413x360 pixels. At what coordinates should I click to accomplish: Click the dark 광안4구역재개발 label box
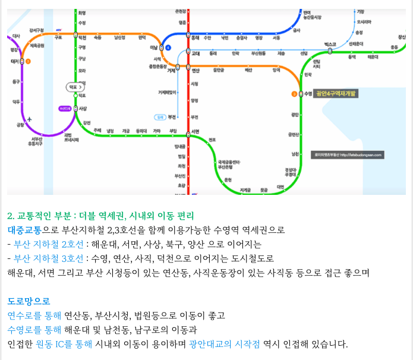335,94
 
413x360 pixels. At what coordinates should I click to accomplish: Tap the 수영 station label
308,94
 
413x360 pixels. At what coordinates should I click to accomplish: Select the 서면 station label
196,131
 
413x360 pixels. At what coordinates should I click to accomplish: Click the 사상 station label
83,109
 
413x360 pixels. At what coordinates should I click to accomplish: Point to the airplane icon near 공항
37,118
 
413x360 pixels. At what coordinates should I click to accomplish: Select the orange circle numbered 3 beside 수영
294,94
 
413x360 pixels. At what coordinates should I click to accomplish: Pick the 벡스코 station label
330,45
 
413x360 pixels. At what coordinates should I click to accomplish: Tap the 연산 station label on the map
196,70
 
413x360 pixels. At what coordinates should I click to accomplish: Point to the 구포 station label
58,37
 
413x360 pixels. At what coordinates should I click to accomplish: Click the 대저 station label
14,61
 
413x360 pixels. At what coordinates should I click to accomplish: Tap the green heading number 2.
11,216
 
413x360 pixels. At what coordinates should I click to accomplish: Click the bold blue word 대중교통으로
29,229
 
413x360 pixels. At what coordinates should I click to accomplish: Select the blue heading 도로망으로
29,301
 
